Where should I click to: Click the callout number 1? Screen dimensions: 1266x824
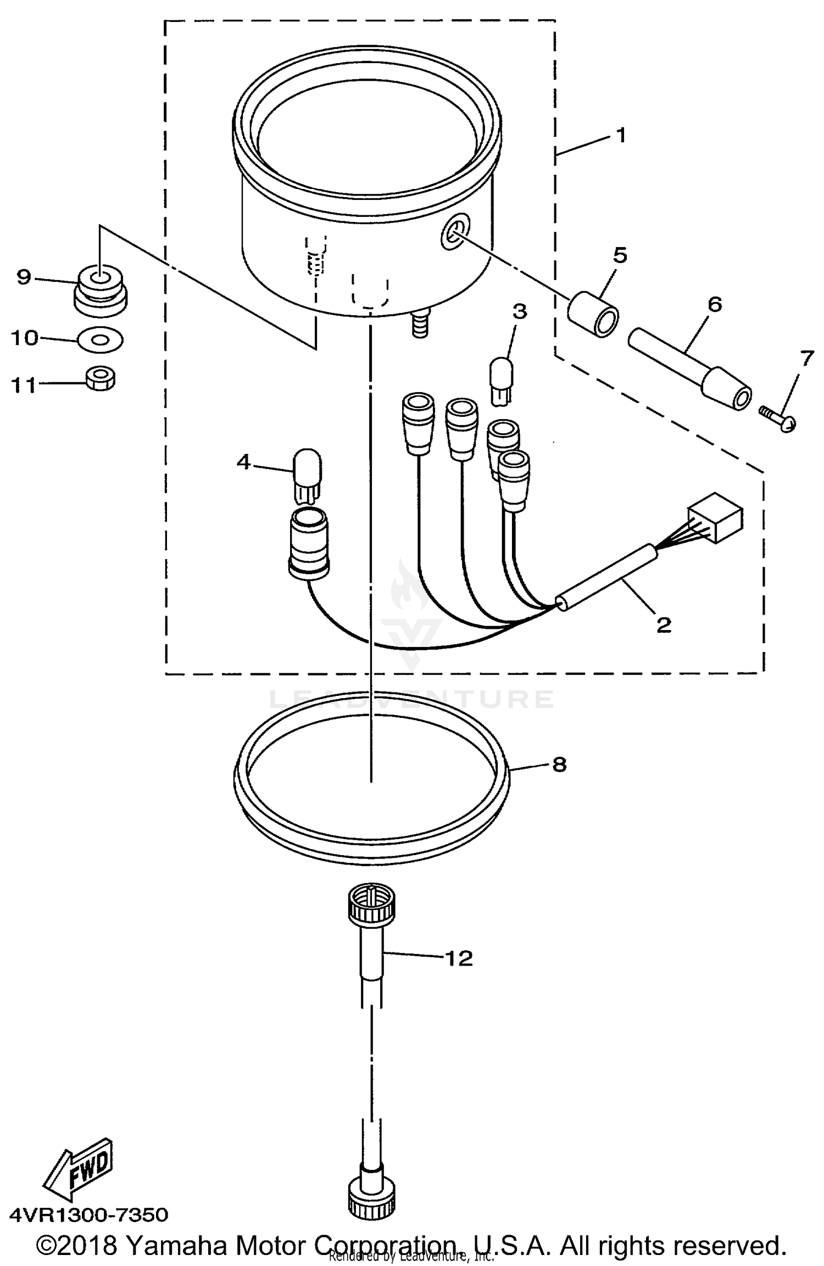click(x=621, y=135)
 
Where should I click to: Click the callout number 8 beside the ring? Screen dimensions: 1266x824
click(x=559, y=764)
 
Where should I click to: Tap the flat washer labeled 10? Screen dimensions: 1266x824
click(x=101, y=341)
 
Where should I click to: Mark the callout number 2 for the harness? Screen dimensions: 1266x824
click(x=664, y=624)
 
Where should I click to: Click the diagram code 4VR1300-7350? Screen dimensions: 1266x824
click(x=88, y=1214)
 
